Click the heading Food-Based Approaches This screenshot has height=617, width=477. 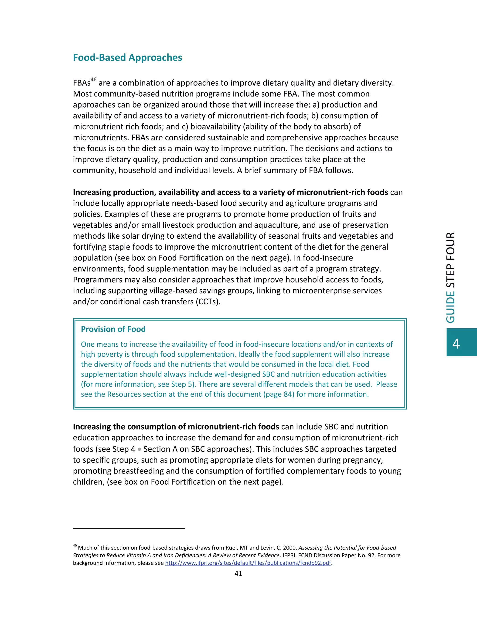tap(127, 58)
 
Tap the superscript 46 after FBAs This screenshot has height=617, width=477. tap(94, 80)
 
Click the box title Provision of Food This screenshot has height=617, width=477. tap(113, 329)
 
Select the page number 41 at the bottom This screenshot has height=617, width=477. tap(238, 573)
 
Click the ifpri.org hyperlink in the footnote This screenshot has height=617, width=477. tap(248, 563)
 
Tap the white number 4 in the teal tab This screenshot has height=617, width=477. tap(456, 344)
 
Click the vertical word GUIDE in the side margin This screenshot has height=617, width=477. tap(450, 307)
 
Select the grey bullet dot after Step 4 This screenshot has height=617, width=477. tap(139, 449)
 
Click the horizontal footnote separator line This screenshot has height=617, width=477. tap(129, 528)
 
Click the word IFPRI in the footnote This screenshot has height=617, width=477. tap(289, 555)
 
